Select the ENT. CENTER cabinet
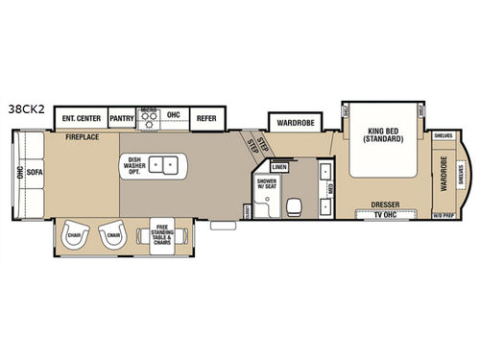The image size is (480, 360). (81, 118)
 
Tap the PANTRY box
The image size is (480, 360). (122, 118)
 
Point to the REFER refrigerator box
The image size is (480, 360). (205, 118)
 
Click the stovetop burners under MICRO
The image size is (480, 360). (149, 121)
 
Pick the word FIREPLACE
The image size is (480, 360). (84, 138)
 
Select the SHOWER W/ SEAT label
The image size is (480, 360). (266, 186)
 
